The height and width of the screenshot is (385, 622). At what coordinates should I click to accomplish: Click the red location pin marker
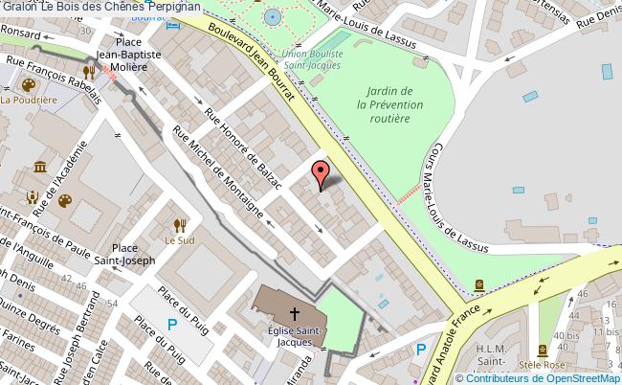(322, 175)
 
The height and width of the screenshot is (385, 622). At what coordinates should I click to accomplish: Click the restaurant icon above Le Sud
(178, 225)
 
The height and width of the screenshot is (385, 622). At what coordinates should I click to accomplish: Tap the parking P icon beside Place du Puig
(172, 326)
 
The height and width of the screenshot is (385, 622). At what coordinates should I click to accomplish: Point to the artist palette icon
(65, 201)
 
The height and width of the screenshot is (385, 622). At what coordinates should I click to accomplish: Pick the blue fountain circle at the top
(273, 17)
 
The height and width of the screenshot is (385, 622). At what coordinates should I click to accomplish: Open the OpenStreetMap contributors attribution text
(542, 377)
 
